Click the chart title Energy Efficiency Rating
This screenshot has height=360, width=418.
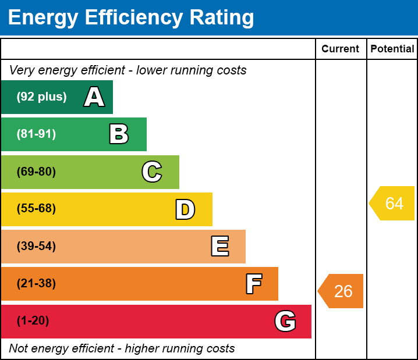(x=131, y=18)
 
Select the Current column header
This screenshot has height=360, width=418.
(x=341, y=49)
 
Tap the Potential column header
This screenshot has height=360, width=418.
(x=392, y=49)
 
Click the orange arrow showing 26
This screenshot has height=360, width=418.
(x=341, y=291)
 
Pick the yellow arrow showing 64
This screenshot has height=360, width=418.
(x=392, y=204)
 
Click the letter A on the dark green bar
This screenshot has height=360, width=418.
(x=94, y=97)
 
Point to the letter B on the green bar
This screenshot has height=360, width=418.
(x=119, y=134)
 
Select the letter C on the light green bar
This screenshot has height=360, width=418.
(x=152, y=172)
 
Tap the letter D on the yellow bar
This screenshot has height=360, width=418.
(x=185, y=209)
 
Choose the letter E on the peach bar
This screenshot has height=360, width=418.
(x=219, y=247)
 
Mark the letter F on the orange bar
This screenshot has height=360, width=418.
(x=253, y=284)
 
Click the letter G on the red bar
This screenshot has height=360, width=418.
(x=285, y=321)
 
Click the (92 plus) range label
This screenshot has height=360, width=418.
(x=41, y=97)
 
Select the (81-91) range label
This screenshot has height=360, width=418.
(x=36, y=134)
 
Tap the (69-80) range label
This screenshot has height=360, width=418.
(x=36, y=172)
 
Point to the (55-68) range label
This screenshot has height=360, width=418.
(x=36, y=209)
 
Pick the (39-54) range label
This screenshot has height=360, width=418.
(x=36, y=247)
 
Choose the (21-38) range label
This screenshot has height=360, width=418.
(x=36, y=284)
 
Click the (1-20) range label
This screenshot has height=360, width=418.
(x=33, y=321)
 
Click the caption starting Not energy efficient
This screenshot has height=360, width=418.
(x=122, y=348)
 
